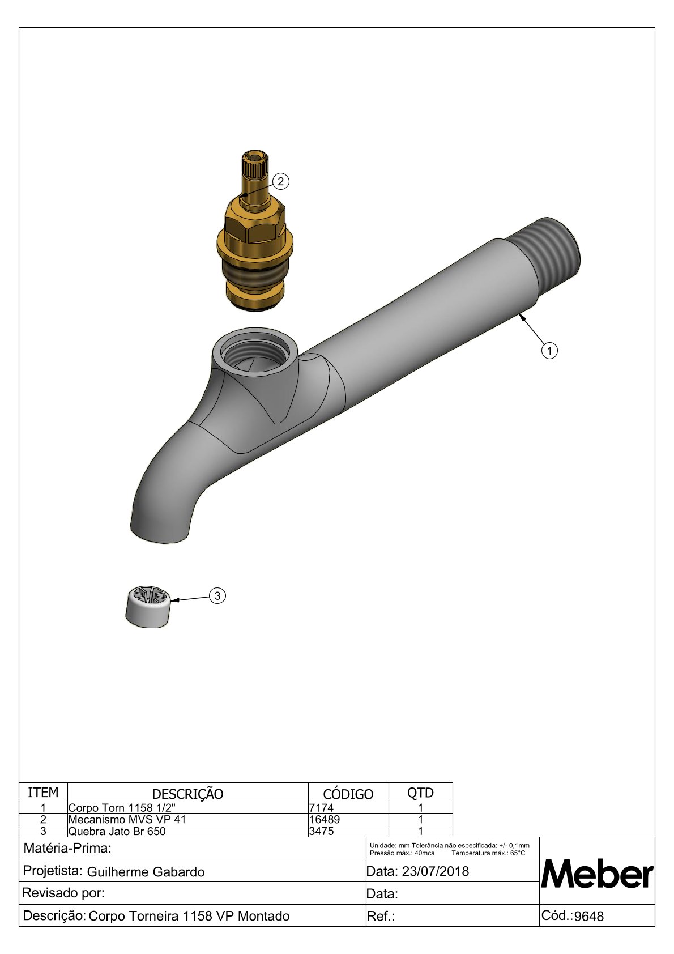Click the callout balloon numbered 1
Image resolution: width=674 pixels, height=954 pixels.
[549, 351]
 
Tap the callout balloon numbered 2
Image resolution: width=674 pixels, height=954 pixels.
[280, 181]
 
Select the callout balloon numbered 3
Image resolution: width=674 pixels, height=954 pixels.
[217, 595]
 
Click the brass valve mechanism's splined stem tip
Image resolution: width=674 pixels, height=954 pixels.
[255, 164]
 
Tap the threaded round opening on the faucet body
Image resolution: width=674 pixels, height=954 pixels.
[255, 352]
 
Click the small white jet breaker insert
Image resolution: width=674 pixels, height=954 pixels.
[148, 606]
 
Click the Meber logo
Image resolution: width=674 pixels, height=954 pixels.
[596, 875]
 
